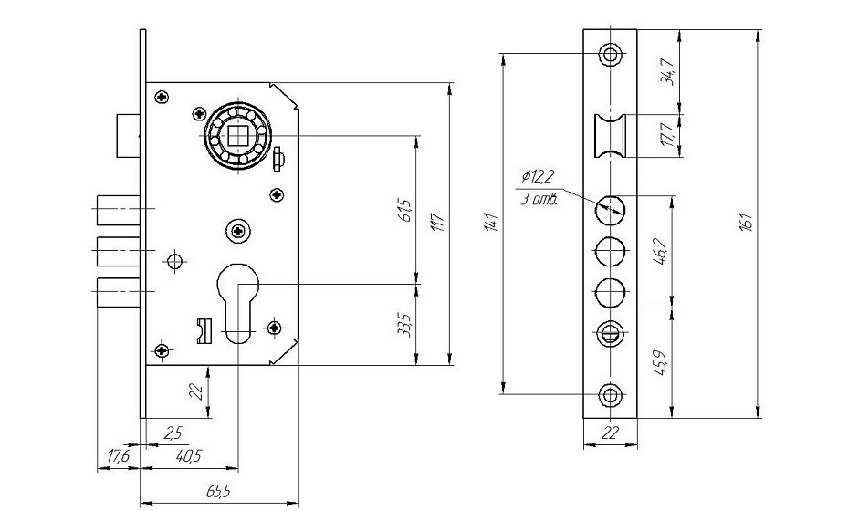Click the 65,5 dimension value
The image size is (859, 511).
(x=218, y=491)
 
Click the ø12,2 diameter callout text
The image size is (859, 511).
(x=537, y=175)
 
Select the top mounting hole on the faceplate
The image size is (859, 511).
(x=610, y=54)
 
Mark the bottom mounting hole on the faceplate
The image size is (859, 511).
(x=610, y=394)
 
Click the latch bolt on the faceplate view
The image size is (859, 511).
(x=610, y=133)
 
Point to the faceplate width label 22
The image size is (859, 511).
(x=610, y=434)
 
